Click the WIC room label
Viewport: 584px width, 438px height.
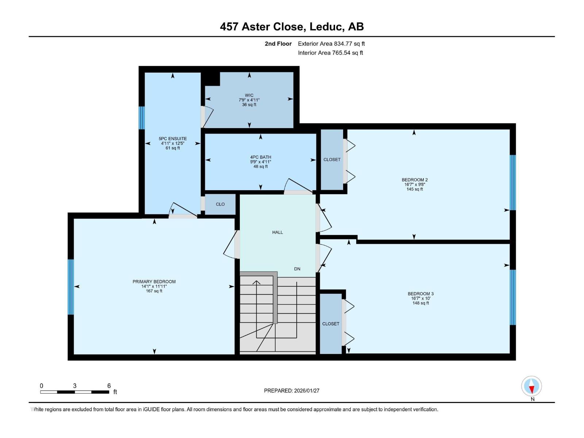[249, 95]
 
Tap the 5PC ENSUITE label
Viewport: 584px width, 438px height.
[173, 139]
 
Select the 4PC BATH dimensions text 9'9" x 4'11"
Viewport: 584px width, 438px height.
[261, 162]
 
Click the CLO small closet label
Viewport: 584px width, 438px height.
[220, 204]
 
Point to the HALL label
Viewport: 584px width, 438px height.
[277, 232]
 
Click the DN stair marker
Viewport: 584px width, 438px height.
[297, 269]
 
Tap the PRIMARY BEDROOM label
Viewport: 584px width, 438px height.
[154, 281]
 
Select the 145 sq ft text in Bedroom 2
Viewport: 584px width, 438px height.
[415, 189]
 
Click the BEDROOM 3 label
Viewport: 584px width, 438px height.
[420, 293]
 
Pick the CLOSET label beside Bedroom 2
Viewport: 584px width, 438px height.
[332, 160]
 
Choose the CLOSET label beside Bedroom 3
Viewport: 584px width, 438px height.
[331, 324]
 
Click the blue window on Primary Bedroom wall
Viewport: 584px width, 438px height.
[71, 287]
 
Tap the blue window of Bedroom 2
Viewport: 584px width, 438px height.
[512, 182]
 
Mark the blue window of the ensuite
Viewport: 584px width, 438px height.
[142, 118]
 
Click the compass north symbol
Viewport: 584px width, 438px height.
[531, 387]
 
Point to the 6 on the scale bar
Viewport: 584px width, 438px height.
[109, 386]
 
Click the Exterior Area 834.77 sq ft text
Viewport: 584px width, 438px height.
[331, 44]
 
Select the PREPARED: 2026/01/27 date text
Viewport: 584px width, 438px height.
[292, 391]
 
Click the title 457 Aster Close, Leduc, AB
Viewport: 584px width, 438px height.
[292, 27]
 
